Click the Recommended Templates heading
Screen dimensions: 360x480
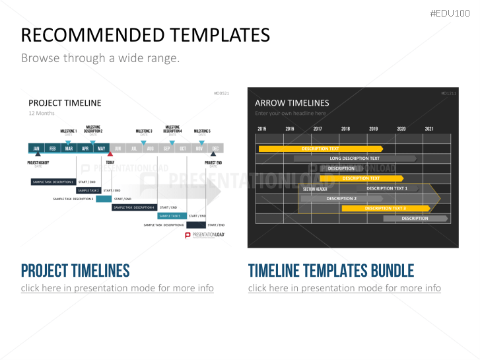145,35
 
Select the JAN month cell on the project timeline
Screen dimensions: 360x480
36,149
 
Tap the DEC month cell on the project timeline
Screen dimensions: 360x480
215,149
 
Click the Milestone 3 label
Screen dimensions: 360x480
143,131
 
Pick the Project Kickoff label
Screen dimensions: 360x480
38,162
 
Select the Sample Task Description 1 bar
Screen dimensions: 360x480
53,182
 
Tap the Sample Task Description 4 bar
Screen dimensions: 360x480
134,207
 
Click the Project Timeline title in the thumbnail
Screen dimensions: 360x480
65,102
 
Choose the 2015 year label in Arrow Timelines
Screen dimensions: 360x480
262,129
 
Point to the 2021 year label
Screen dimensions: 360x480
429,129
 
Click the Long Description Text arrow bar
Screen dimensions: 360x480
355,159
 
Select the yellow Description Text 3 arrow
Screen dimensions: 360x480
386,209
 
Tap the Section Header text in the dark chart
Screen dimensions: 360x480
315,190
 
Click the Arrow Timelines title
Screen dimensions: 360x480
292,103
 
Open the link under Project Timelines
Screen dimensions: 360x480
117,288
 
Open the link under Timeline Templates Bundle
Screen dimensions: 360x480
344,288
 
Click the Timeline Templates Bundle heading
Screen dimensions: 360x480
331,270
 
